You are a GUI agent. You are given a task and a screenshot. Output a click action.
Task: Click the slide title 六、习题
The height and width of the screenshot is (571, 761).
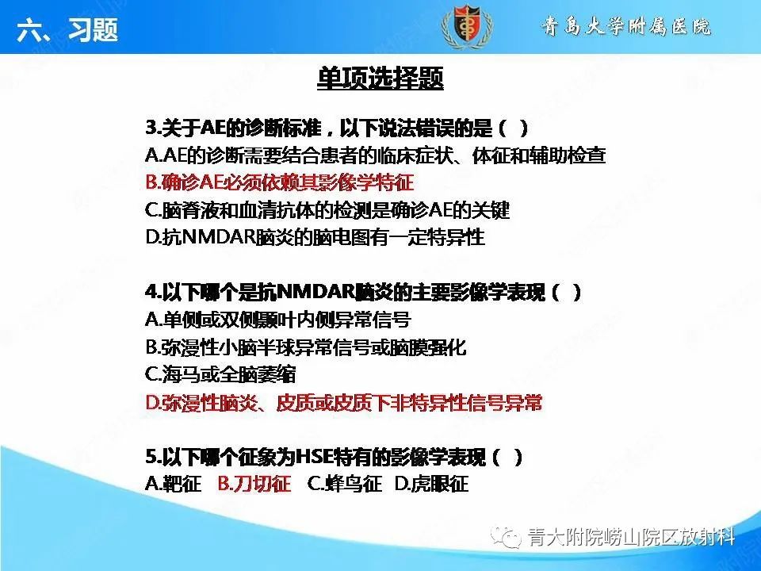point(67,30)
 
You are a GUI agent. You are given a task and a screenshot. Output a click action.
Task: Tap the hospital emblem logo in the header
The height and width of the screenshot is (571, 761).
point(468,28)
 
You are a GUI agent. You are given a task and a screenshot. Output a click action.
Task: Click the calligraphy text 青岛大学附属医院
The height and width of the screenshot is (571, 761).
point(626,28)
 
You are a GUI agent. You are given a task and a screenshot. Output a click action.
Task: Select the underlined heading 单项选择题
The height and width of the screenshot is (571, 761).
point(380,79)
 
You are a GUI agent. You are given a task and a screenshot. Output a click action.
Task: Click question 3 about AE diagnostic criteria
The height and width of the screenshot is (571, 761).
point(337,128)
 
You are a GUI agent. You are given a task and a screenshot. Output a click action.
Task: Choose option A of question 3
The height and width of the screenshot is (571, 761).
point(376,155)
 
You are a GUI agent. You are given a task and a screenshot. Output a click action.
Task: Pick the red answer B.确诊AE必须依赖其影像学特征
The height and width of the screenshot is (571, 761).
point(280,182)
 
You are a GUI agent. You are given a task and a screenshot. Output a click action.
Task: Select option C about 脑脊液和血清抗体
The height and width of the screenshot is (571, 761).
point(327,210)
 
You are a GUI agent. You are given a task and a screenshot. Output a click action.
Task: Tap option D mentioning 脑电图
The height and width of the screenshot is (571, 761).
point(315,237)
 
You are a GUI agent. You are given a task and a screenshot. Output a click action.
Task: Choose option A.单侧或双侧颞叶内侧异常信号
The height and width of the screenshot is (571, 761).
point(278,320)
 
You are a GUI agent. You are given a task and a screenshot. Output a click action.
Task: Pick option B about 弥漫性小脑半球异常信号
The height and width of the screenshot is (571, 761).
point(306,347)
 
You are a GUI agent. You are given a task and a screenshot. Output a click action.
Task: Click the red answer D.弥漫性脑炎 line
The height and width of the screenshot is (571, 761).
point(344,403)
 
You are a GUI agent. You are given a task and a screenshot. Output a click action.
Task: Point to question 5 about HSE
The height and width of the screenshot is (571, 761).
point(334,458)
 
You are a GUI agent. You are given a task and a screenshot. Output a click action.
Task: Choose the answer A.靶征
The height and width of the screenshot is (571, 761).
point(174,484)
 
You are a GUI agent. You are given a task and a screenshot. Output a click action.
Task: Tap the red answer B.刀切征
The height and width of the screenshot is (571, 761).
point(254,484)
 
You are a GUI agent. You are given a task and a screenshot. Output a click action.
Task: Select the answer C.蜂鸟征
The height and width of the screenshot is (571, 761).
point(344,484)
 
